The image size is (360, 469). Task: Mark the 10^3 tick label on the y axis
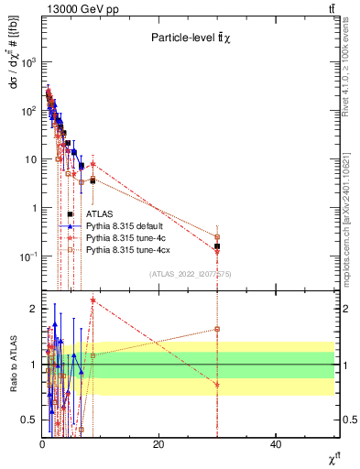coord(27,62)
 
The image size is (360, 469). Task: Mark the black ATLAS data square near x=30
coord(217,246)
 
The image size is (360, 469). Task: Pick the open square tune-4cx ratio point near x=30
coord(217,329)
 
